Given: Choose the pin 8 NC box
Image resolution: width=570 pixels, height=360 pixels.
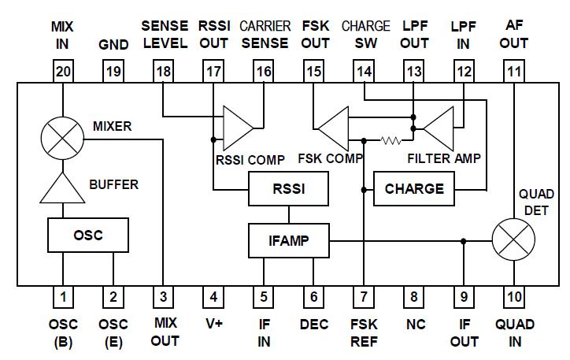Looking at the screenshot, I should pos(413,297).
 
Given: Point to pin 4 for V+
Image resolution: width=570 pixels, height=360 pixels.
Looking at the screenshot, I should pos(213,297).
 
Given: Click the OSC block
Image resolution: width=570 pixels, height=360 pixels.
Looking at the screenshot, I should pos(87,235).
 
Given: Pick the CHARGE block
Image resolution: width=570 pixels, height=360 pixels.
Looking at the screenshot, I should pos(414,189).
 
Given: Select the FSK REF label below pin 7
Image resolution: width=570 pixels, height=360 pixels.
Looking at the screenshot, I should pos(364,332).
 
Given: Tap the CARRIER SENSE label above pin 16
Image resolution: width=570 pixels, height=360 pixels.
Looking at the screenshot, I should pos(265,34).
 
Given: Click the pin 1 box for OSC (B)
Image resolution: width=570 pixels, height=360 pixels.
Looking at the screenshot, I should pos(63,297).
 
